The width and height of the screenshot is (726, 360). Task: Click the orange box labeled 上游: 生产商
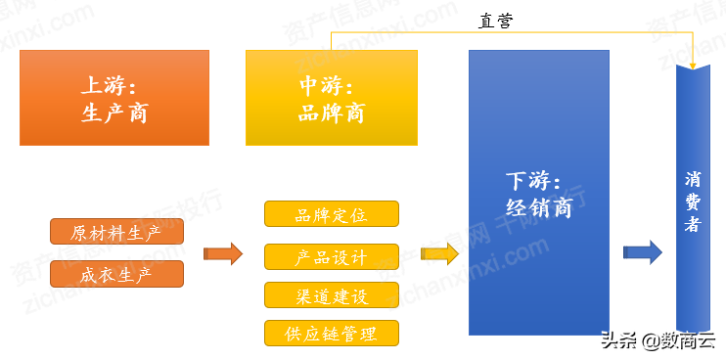pos(114,98)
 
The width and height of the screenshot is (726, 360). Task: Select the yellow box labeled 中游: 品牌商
pos(331,98)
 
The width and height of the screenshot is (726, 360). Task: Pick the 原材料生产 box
pos(116,233)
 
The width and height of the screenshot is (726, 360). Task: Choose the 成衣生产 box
pos(116,274)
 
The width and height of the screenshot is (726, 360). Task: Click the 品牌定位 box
pos(332,214)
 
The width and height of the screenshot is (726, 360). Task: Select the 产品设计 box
pos(332,257)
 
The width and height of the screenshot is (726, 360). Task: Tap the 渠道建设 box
pos(332,295)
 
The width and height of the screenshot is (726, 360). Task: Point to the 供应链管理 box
pos(332,333)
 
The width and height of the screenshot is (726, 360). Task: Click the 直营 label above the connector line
pos(496,20)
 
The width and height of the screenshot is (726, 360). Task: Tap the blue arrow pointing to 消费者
pos(642,251)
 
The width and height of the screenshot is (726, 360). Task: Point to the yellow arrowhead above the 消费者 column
pos(693,63)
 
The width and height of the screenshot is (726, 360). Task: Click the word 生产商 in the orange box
pos(114,112)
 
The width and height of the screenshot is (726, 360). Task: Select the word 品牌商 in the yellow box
pos(331,112)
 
